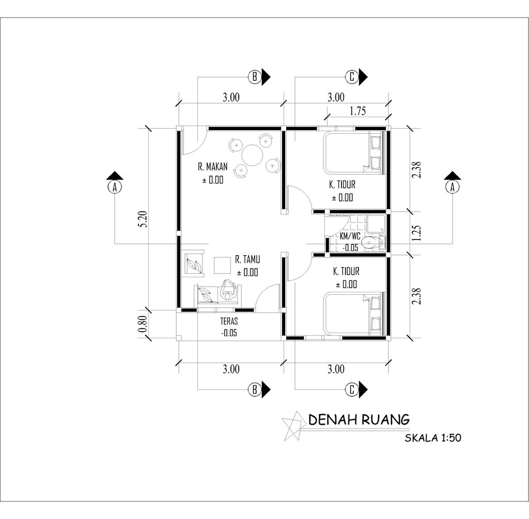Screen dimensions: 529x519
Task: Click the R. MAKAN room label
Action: point(212,167)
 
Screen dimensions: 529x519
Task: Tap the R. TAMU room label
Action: point(247,259)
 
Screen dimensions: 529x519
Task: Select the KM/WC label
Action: point(350,236)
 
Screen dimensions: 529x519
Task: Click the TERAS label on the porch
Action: point(229,321)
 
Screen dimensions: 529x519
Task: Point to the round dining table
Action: point(252,155)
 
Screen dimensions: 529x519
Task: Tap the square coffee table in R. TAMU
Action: point(222,265)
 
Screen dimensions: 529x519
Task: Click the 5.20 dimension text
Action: point(144,219)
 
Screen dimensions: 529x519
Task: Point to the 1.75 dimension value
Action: point(357,111)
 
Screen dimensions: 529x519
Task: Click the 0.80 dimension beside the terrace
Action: point(143,323)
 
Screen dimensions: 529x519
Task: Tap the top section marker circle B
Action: point(255,77)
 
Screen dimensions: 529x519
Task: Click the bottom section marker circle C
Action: point(352,389)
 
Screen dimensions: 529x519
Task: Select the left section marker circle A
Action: point(115,186)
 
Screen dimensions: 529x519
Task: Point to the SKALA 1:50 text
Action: point(433,438)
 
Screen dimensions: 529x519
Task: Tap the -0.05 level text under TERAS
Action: point(229,333)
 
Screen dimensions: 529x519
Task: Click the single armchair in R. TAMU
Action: point(193,263)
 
